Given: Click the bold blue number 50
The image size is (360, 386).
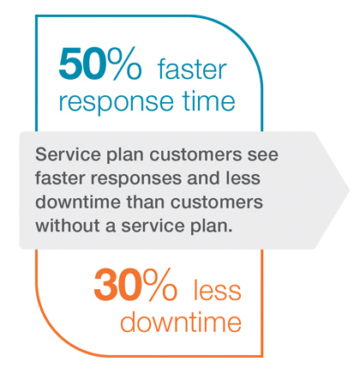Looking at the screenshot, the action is click(81, 64).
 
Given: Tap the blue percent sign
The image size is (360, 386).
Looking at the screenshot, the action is click(124, 63).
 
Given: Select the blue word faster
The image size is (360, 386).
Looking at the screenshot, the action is click(192, 69).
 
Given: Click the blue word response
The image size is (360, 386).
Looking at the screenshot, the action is click(116, 102).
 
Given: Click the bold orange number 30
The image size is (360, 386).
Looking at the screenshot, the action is click(117, 285).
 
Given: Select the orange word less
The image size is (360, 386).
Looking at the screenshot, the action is click(218, 291).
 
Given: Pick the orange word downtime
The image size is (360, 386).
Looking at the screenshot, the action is click(181, 322).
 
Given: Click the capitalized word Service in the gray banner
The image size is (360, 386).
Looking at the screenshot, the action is click(68, 154).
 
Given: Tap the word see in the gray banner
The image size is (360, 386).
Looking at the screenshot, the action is click(263, 155).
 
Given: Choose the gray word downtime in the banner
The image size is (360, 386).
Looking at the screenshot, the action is click(78, 202).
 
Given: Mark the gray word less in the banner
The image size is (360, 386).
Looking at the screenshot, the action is click(243, 178).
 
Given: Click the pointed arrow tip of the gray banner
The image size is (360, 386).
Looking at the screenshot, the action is click(349, 190).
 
